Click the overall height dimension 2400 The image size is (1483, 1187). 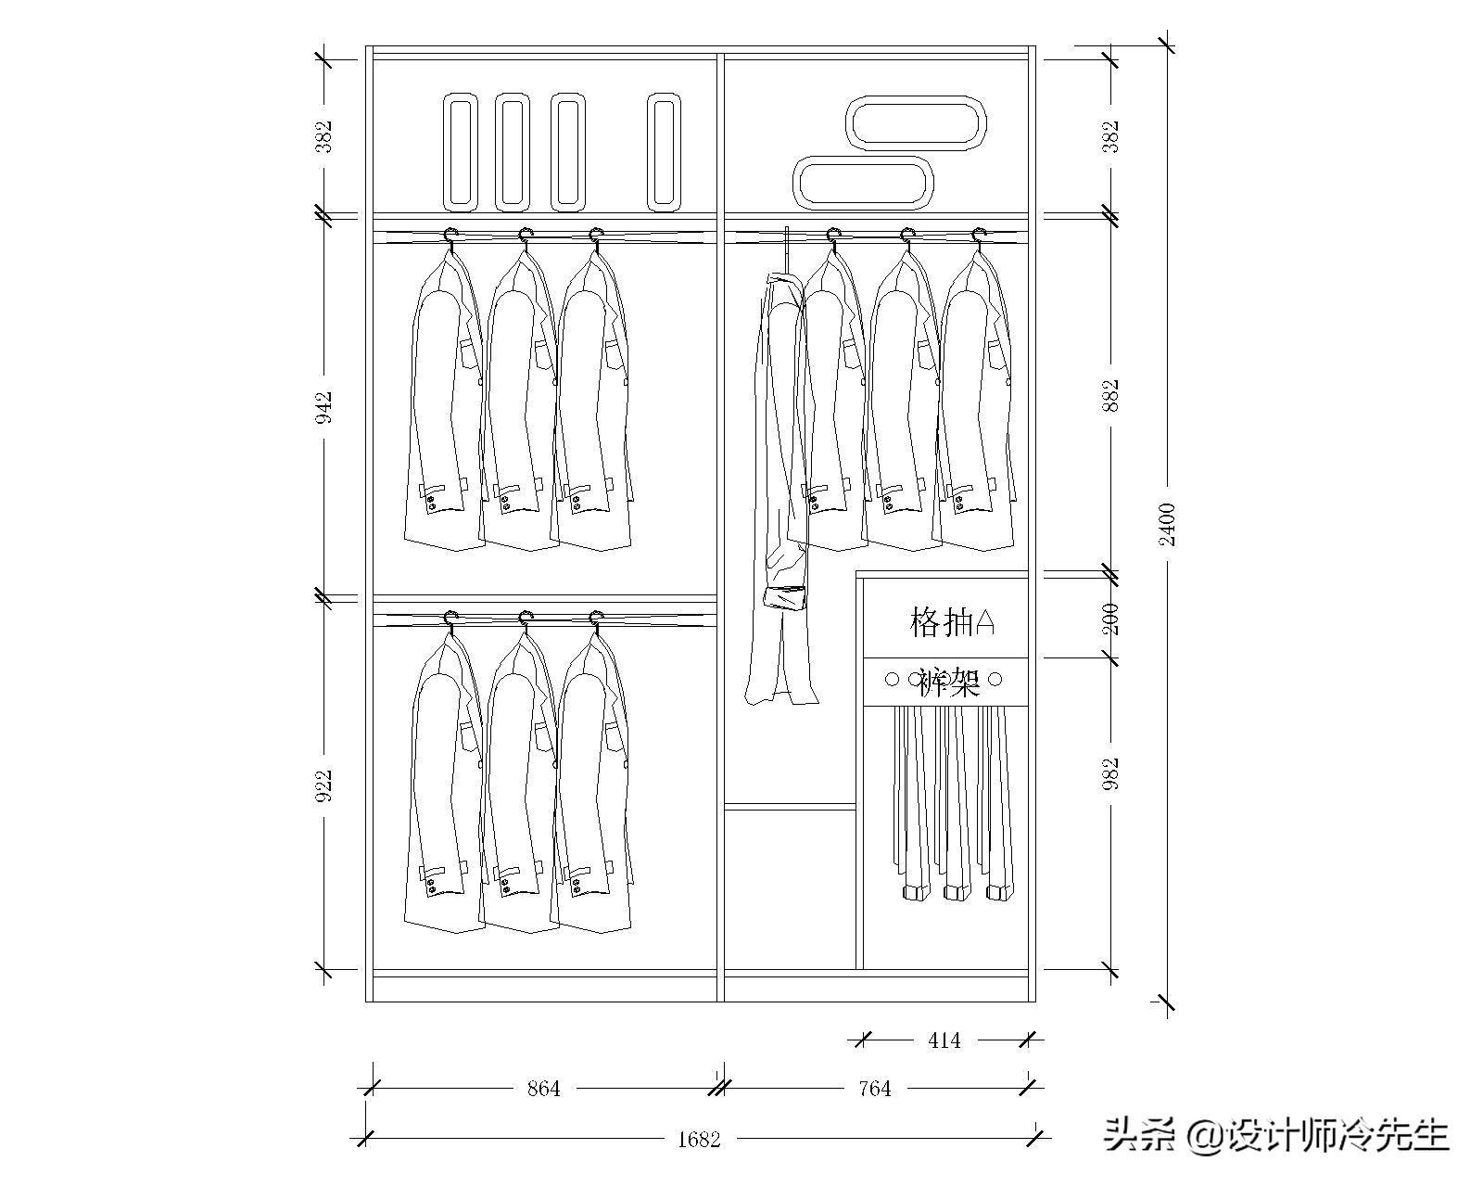(x=1167, y=524)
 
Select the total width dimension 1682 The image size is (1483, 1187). (x=699, y=1139)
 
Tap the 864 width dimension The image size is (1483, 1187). (x=544, y=1089)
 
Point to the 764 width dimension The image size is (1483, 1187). (x=874, y=1089)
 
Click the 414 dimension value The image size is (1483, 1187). (x=944, y=1040)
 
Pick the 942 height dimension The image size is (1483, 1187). (x=323, y=408)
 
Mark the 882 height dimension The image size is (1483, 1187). (x=1112, y=395)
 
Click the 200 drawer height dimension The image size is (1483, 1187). (x=1112, y=619)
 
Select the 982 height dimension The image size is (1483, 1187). (x=1112, y=773)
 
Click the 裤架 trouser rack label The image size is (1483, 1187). (x=949, y=683)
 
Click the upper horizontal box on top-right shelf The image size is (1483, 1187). (x=916, y=122)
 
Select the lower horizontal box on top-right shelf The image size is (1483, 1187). (x=863, y=182)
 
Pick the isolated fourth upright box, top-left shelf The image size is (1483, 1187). (x=664, y=151)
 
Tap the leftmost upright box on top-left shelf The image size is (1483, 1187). (x=461, y=151)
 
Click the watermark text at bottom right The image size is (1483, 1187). (x=1275, y=1133)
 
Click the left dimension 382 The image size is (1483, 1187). (x=323, y=136)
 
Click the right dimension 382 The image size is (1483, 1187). (x=1112, y=136)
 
